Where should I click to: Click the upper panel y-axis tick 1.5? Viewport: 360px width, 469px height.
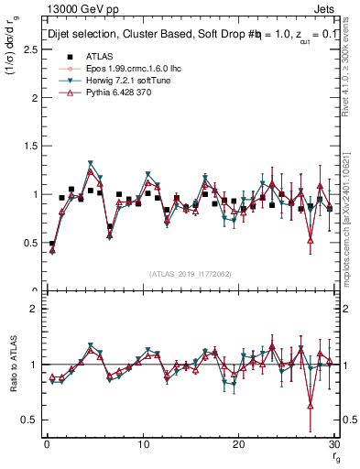32,147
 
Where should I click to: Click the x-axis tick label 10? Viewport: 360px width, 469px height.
142,443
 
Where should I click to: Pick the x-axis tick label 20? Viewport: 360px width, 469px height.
238,443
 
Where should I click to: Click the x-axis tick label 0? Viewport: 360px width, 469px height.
46,443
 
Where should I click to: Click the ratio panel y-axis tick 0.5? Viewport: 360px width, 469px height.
32,420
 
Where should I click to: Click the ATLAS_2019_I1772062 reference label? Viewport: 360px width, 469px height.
190,273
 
